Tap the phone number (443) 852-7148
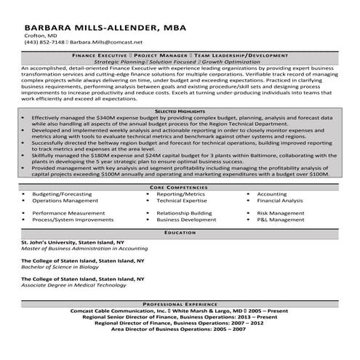44,43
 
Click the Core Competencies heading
180,187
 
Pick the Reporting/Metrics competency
181,195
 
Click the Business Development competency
186,219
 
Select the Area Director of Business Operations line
180,329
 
